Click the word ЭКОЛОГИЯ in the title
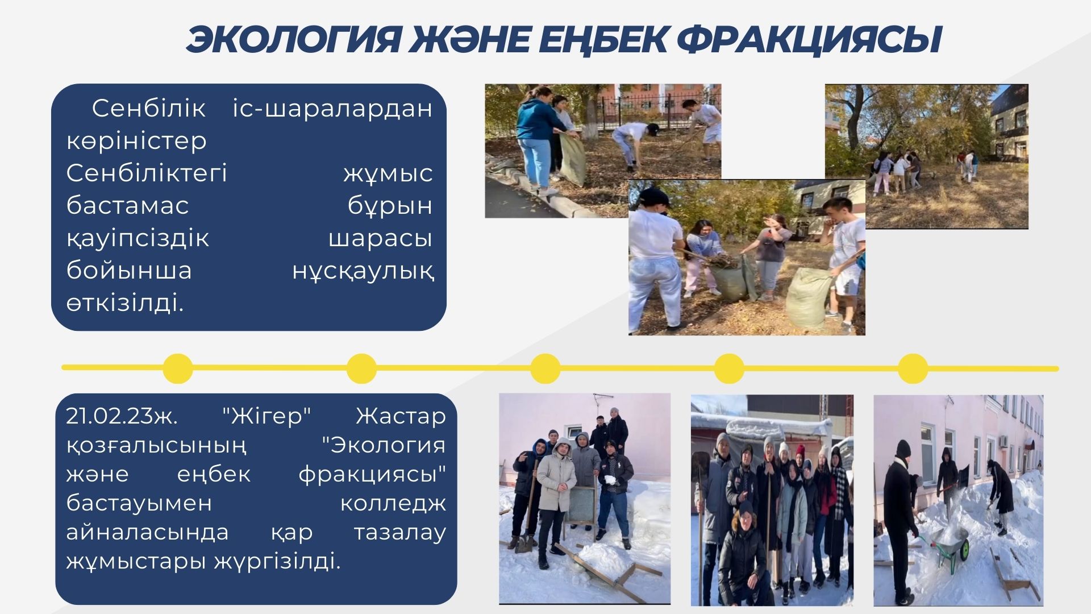293,40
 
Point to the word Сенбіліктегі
147,173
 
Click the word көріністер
136,141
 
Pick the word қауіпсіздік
138,238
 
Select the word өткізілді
125,303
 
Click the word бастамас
127,205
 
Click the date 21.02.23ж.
122,416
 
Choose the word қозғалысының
157,446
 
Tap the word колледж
393,504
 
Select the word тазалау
400,533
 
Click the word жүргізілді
277,562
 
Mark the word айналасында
148,533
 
